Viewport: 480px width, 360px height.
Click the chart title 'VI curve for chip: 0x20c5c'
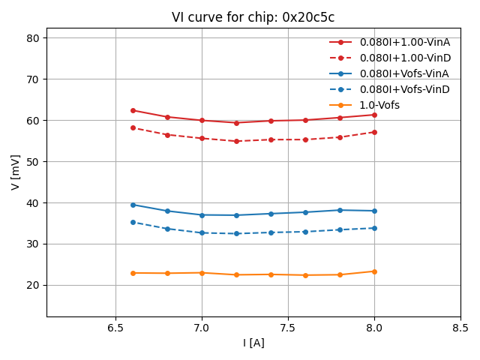click(x=253, y=18)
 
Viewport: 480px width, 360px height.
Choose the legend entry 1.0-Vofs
click(x=379, y=105)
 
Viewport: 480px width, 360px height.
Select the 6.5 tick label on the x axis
click(x=115, y=328)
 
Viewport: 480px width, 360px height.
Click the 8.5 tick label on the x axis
click(x=460, y=328)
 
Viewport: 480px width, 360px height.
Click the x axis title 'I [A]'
click(x=253, y=343)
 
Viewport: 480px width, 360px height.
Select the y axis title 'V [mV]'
click(x=16, y=172)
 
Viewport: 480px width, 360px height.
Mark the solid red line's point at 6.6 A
click(x=133, y=110)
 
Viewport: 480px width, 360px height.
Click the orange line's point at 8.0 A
click(x=374, y=271)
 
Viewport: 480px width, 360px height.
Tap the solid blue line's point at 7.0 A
click(x=202, y=215)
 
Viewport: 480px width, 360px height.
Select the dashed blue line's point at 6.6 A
click(x=133, y=222)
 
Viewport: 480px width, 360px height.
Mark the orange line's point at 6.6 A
click(x=133, y=273)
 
